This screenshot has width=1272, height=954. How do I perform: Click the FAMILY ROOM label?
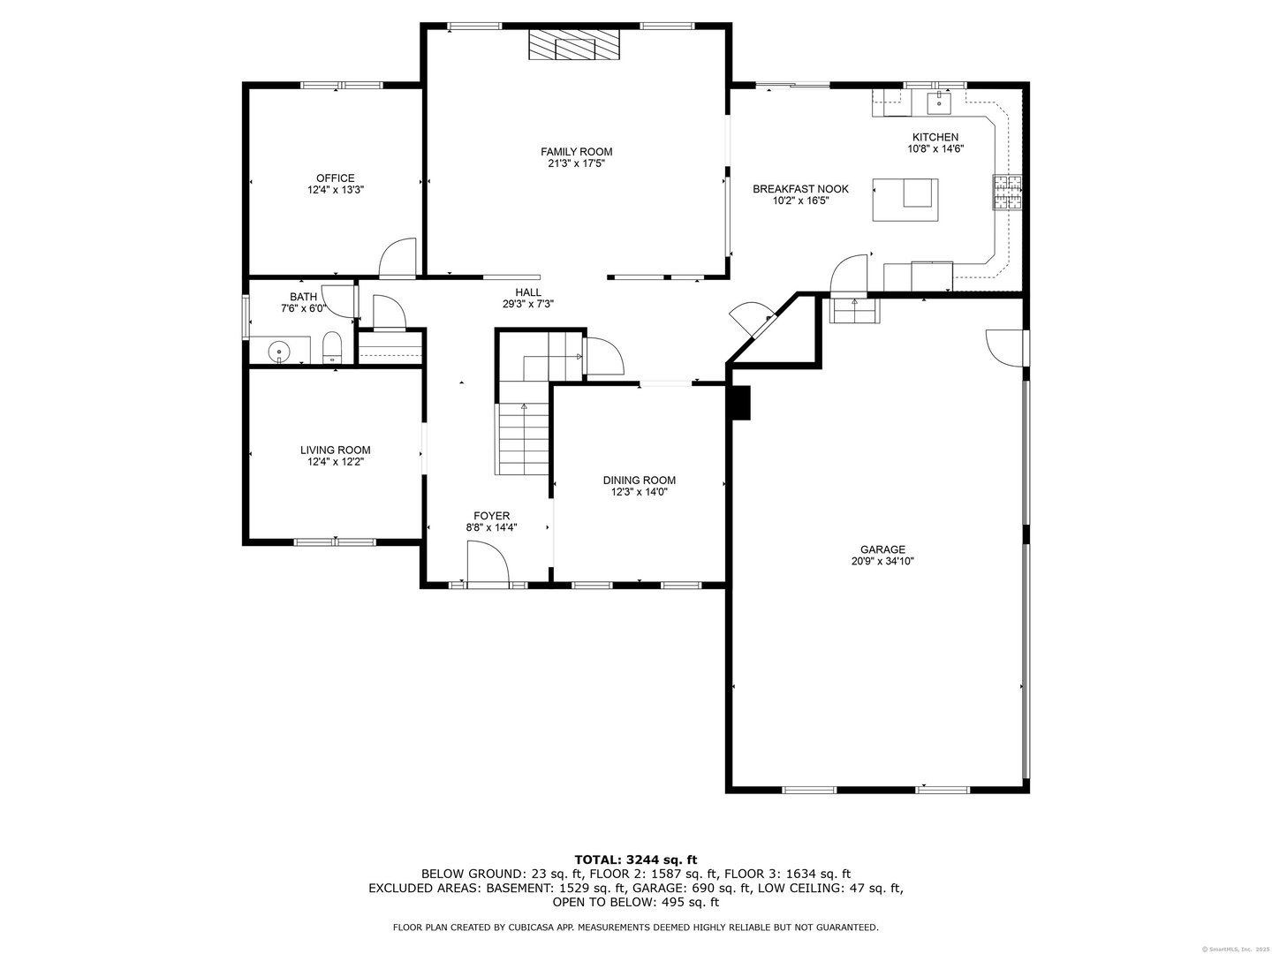(x=576, y=152)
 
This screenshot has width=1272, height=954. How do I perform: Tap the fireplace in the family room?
(x=574, y=45)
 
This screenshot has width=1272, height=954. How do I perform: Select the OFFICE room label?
(x=336, y=178)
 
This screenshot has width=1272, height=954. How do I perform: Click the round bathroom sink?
(x=279, y=351)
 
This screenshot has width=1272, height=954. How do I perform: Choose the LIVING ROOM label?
(x=336, y=450)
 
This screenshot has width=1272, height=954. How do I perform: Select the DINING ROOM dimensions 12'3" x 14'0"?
(x=640, y=492)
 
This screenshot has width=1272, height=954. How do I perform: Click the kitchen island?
(x=905, y=199)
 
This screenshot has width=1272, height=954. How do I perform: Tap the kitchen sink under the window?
(x=938, y=102)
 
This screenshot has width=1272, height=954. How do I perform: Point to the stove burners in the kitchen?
(x=1008, y=193)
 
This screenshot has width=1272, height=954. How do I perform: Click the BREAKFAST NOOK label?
(x=800, y=189)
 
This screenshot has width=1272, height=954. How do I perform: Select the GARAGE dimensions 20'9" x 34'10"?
(x=883, y=561)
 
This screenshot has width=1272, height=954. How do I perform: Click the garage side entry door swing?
(x=1005, y=347)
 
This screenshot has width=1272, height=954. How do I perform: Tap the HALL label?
(x=528, y=292)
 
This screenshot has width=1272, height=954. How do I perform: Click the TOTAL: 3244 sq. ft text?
(x=636, y=859)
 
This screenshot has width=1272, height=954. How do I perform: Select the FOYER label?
(x=491, y=516)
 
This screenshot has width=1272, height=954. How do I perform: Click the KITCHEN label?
(x=935, y=137)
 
